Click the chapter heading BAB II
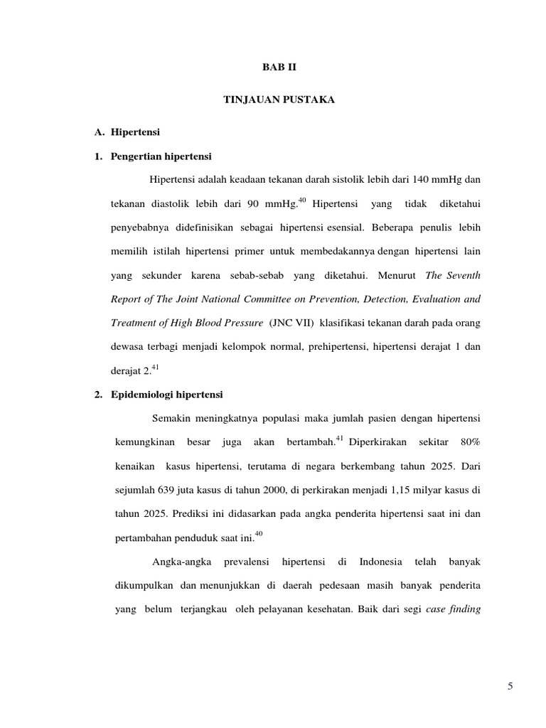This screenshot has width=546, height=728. pos(273,68)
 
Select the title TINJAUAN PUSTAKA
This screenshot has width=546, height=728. pos(273,100)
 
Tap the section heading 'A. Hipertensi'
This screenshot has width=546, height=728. pos(128,132)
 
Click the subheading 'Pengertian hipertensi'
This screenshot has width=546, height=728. pos(162,156)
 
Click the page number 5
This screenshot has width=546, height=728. pos(510,686)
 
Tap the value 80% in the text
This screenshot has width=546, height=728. pos(470,443)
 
